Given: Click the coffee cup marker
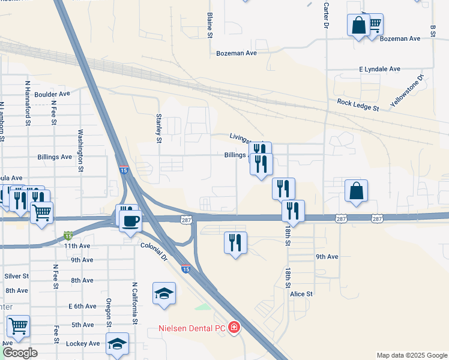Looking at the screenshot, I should point(130,221).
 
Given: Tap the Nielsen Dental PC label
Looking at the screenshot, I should point(192,328).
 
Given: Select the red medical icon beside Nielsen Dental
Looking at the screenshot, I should point(234,328).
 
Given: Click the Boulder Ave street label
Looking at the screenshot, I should point(52,94).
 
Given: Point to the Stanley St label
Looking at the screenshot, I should point(159,128).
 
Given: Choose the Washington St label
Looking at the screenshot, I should point(80,151).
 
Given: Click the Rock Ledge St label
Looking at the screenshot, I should point(358,106).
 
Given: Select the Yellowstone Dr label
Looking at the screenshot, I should point(406,91).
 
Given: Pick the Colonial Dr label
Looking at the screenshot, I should point(154,251).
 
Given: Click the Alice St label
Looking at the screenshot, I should point(301,294).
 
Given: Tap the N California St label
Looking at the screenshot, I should point(135,303).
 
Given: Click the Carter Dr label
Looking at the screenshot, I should point(327,15).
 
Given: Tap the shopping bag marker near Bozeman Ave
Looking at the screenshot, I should point(358,26).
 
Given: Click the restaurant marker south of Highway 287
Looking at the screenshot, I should point(235,243).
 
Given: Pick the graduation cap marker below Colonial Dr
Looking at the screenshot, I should point(164,293).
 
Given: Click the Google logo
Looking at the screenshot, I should point(20,352).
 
